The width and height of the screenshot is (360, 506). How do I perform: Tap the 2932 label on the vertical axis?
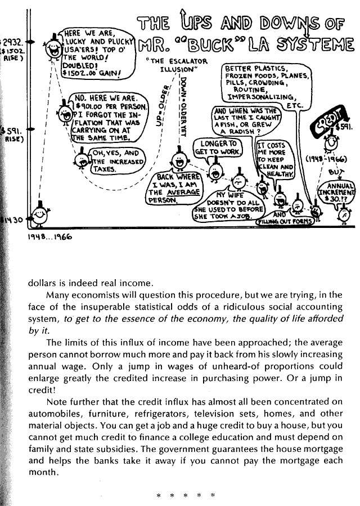tap(12, 42)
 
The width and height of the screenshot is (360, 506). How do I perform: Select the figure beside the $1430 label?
tap(38, 214)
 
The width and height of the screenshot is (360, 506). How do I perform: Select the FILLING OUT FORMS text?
tap(286, 222)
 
